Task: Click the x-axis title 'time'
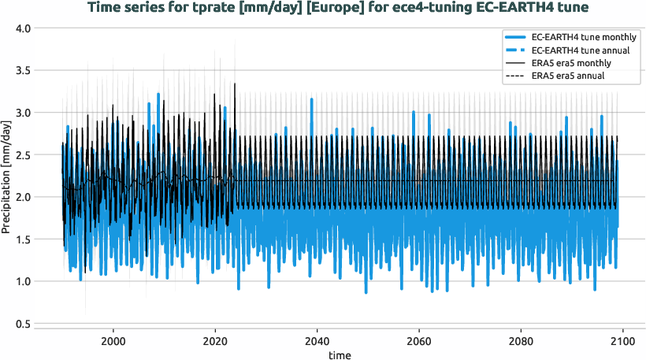(340, 355)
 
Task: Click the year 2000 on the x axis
(113, 341)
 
